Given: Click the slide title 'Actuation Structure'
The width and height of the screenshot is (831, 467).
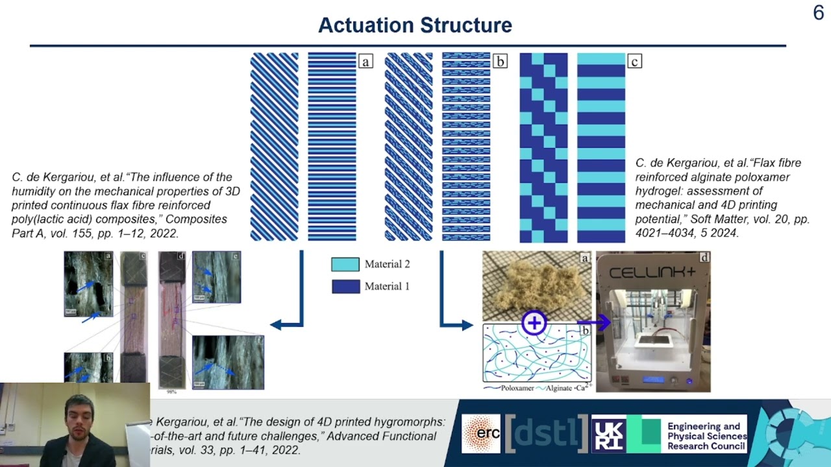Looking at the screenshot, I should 415,25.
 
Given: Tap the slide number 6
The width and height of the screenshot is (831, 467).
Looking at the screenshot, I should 818,13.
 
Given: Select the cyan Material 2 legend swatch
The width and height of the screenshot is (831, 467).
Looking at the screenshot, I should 345,264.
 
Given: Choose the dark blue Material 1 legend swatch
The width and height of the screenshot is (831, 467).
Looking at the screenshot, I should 345,286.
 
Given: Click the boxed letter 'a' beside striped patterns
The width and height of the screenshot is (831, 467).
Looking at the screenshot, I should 366,62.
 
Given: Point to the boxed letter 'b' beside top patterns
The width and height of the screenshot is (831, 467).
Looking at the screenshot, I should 500,62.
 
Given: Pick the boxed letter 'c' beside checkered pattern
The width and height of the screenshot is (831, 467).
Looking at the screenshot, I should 634,62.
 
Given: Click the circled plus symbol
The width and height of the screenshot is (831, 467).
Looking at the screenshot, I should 534,322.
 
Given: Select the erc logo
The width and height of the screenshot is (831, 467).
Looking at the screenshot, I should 481,433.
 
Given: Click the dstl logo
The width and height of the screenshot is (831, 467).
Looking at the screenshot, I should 547,433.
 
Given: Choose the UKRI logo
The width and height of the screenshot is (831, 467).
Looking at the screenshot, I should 610,433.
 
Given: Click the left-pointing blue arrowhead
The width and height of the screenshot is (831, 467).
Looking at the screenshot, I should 277,324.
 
